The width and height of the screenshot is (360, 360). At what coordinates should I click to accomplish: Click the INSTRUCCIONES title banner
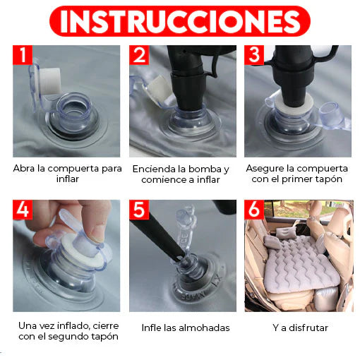click(x=180, y=21)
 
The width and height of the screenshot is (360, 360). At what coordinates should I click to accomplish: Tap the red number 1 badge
click(x=23, y=55)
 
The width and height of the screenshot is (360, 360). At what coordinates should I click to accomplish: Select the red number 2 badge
click(x=139, y=55)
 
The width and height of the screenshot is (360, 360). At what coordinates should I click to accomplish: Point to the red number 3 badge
click(x=254, y=55)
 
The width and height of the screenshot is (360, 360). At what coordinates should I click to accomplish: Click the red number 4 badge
click(x=23, y=210)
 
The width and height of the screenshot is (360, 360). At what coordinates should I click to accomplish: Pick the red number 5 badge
click(x=139, y=210)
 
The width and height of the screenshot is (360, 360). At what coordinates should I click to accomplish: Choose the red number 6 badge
click(x=254, y=210)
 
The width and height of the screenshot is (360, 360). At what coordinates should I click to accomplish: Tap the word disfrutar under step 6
click(x=308, y=328)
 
